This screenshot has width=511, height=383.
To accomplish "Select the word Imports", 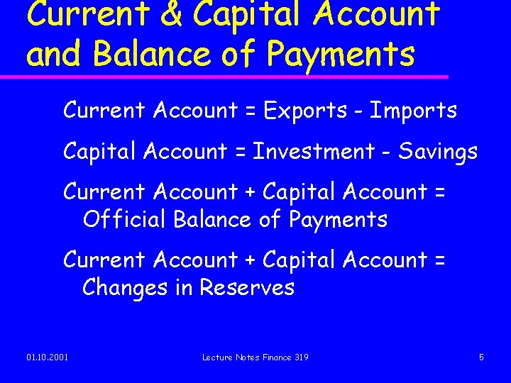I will (414, 111).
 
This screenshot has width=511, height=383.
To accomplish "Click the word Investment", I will (314, 151).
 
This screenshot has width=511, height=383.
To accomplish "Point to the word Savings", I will (438, 152).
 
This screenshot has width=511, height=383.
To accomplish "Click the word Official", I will (124, 219).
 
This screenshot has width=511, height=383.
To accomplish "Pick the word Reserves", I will (247, 287).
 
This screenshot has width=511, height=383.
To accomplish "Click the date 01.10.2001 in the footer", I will (48, 357).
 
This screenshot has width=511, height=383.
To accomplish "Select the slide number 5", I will (481, 357).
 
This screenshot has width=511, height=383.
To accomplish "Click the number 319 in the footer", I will (300, 357).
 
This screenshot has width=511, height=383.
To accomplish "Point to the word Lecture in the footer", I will (216, 357).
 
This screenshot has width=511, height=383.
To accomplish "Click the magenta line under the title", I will (234, 76).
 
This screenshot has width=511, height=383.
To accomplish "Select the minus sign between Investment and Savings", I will (386, 152).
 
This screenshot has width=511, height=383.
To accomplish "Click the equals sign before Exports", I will (251, 111).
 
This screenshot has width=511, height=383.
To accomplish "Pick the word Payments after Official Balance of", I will (338, 220).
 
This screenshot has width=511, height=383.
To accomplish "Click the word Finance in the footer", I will (275, 357).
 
